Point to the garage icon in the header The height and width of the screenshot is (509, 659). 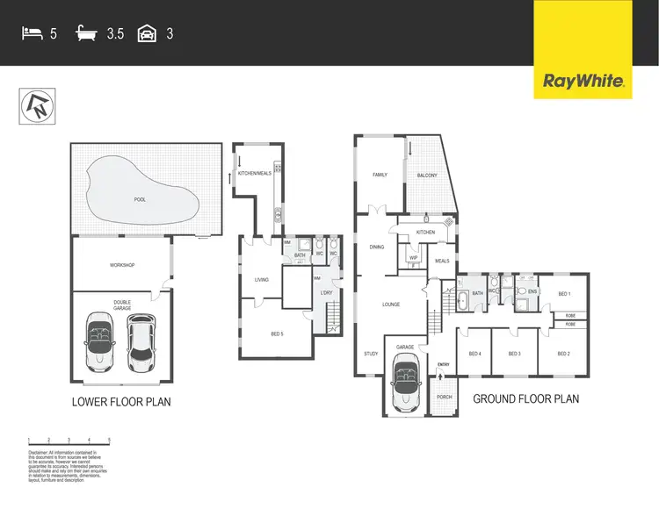148,35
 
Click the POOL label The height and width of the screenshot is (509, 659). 140,200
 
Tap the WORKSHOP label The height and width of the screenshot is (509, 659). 121,264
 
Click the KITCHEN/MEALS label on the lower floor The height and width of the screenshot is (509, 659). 255,173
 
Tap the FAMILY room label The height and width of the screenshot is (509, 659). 380,175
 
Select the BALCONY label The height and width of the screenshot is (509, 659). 427,175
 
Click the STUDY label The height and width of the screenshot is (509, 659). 371,354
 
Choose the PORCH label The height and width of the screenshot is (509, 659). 445,396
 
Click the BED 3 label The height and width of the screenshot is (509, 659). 515,354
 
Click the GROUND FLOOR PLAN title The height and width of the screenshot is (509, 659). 526,398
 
